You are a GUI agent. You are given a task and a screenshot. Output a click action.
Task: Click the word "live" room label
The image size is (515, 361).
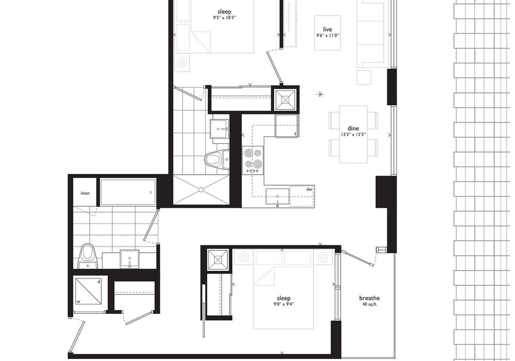tap(327, 29)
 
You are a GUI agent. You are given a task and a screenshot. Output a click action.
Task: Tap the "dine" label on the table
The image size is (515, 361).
tap(353, 128)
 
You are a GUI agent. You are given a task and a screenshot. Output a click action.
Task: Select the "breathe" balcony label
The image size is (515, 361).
tap(369, 298)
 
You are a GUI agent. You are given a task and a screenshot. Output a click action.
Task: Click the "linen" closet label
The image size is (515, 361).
tap(85, 193)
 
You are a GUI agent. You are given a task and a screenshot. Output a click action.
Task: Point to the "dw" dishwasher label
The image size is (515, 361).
tap(309, 190)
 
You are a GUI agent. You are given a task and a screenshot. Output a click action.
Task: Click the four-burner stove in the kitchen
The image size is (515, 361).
tap(253, 160)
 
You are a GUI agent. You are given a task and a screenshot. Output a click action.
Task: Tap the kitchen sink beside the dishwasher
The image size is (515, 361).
tap(277, 197)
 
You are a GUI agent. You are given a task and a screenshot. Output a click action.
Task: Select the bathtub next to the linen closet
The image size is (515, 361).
tap(128, 192)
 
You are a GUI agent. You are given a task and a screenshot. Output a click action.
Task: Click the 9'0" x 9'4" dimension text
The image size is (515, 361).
tap(283, 305)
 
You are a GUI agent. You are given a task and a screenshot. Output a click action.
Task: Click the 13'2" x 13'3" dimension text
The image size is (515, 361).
tap(354, 134)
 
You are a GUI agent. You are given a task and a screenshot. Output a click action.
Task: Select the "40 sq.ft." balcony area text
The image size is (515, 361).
tap(370, 304)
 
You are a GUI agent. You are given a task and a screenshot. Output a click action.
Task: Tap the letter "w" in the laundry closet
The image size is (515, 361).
tap(78, 301)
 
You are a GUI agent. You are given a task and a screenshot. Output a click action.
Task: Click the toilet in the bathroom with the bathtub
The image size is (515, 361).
tap(88, 256)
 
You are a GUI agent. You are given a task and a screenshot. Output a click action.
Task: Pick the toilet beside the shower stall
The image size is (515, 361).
tap(217, 160)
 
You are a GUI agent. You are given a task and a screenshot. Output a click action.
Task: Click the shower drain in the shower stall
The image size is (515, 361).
tap(201, 190)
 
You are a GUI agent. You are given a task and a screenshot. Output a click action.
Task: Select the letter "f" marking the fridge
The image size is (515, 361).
tap(295, 133)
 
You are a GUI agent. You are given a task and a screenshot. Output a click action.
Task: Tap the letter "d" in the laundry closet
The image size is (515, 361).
tap(99, 282)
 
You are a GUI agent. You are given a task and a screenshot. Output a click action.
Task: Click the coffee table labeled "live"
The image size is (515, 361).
tap(327, 33)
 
